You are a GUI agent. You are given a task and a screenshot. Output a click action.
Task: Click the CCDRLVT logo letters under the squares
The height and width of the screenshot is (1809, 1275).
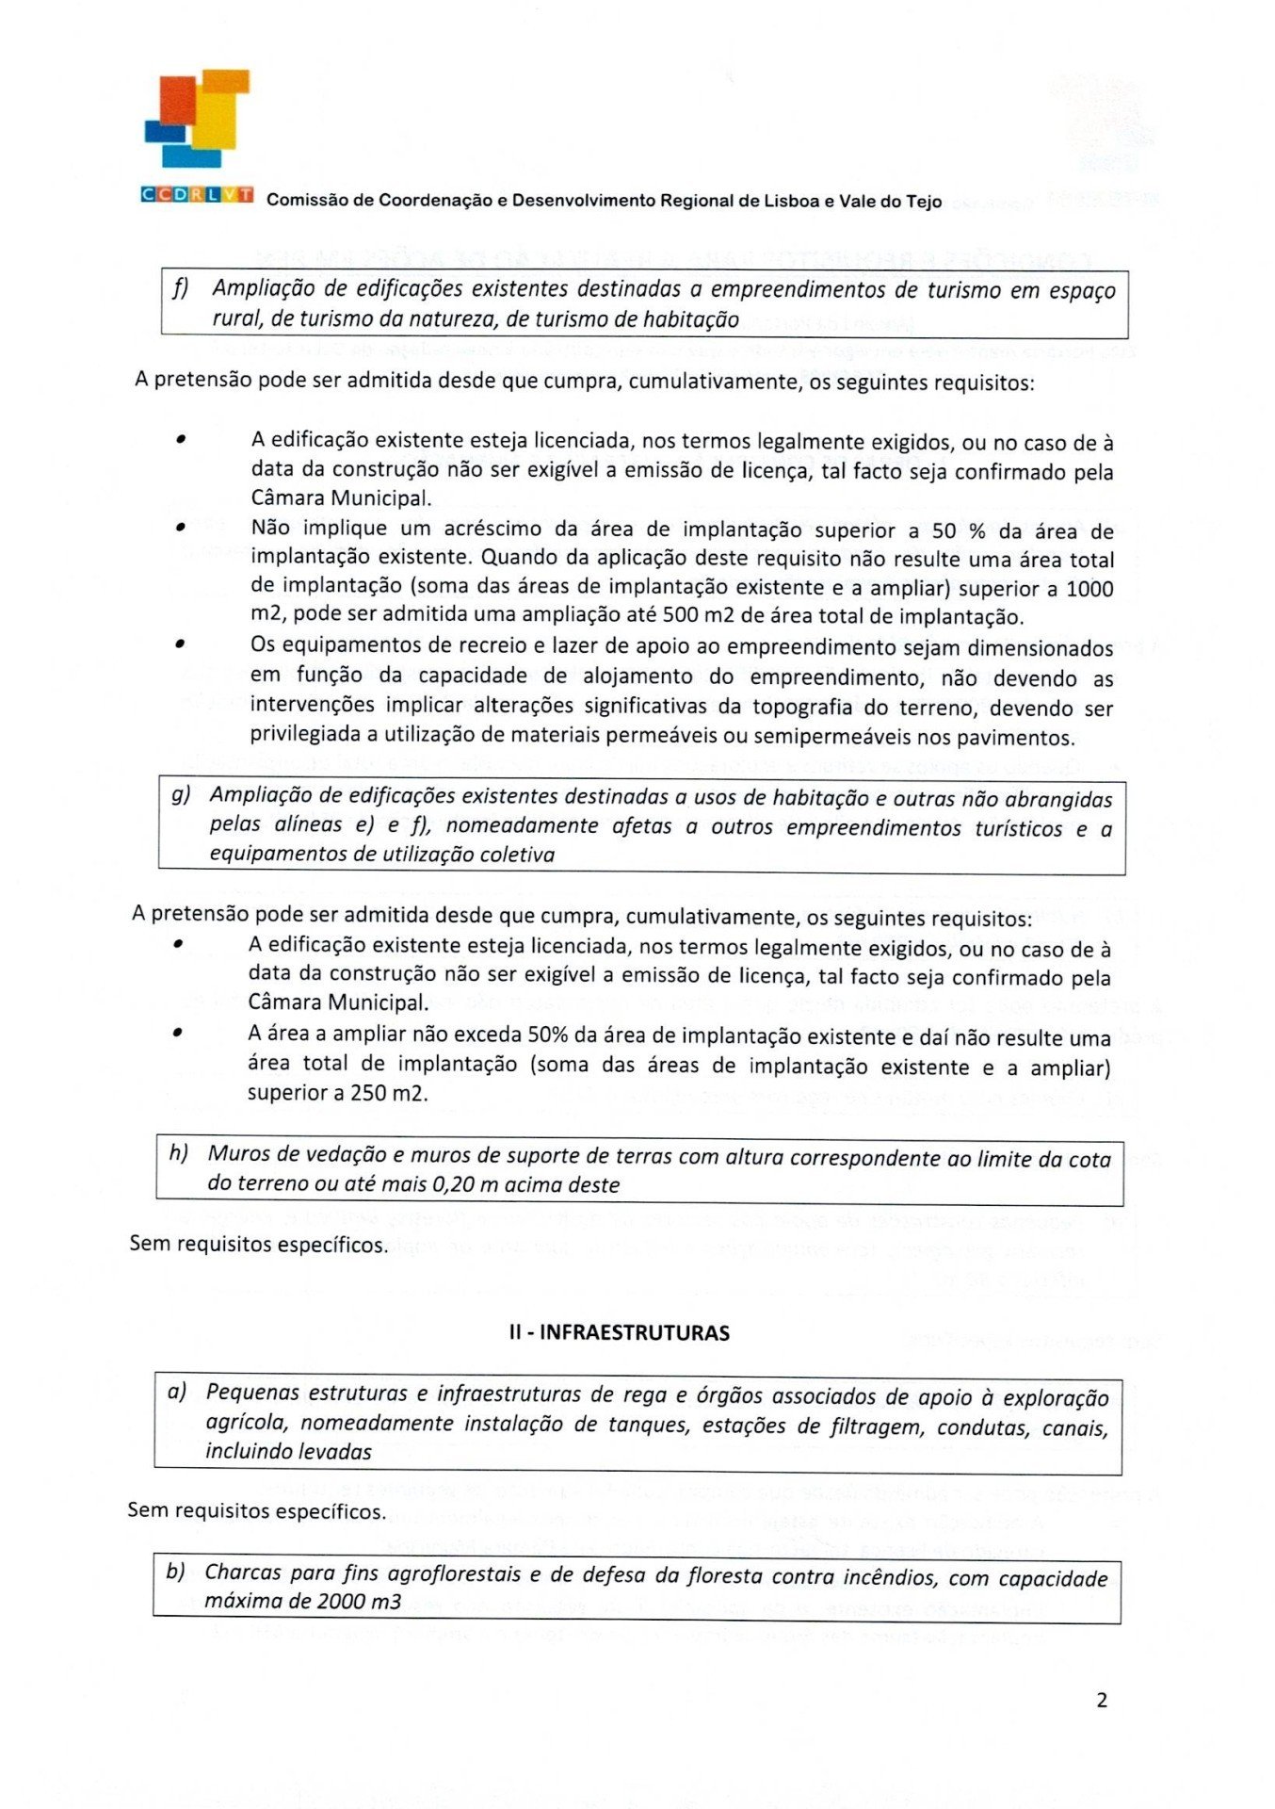197,194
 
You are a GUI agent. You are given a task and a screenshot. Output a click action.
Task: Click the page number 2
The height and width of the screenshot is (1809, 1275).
1102,1700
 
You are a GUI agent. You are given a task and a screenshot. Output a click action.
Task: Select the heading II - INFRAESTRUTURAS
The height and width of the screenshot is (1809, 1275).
619,1332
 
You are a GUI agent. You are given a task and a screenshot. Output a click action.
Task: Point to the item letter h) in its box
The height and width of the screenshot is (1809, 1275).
178,1152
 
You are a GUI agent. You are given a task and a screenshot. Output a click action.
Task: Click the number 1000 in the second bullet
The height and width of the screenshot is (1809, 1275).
1089,589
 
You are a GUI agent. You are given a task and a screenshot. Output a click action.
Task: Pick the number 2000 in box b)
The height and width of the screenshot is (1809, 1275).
341,1601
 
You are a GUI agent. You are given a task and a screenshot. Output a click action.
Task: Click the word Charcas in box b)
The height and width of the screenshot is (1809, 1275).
242,1573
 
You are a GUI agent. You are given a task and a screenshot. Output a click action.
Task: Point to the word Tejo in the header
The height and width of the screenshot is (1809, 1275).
923,201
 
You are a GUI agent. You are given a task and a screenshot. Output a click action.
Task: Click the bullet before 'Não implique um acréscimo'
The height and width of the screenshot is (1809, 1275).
180,528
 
